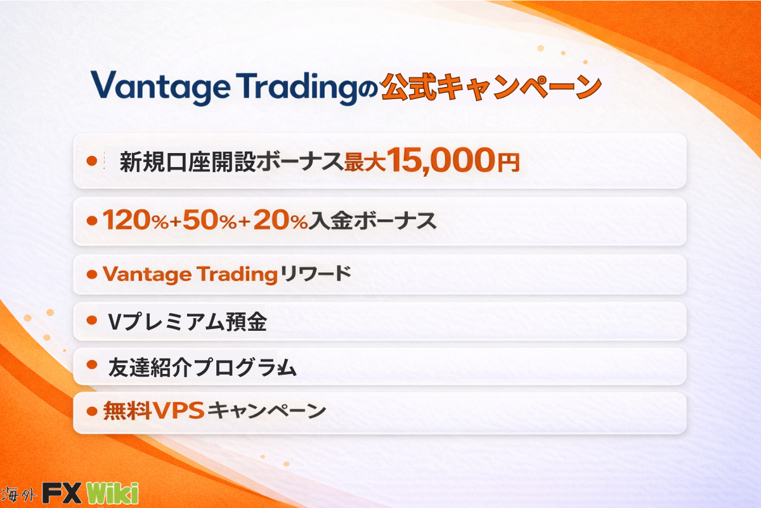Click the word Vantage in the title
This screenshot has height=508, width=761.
click(x=160, y=88)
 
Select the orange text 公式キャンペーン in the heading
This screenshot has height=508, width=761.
click(x=491, y=87)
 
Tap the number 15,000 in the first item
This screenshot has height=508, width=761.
click(x=441, y=161)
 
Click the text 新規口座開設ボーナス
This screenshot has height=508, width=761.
click(x=231, y=162)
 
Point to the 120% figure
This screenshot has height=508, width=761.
click(x=136, y=220)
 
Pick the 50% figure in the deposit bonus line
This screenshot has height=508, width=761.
click(x=209, y=220)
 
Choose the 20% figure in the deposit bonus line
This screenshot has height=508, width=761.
click(x=280, y=220)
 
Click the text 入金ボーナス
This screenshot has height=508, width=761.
click(x=372, y=221)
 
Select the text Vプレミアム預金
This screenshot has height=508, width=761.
click(x=187, y=321)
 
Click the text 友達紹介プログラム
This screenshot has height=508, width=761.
click(x=202, y=368)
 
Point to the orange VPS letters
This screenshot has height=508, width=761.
click(x=178, y=410)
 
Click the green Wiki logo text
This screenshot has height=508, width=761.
click(x=113, y=493)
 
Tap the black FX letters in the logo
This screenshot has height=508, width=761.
click(x=62, y=493)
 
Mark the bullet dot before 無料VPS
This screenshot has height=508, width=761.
click(x=92, y=411)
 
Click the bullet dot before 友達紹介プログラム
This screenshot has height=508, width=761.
click(x=92, y=364)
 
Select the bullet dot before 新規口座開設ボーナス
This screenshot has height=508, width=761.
click(x=92, y=161)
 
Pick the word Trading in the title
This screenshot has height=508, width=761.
click(x=297, y=88)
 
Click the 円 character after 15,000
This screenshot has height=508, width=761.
click(x=508, y=163)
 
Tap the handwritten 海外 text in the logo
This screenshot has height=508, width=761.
click(x=18, y=495)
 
